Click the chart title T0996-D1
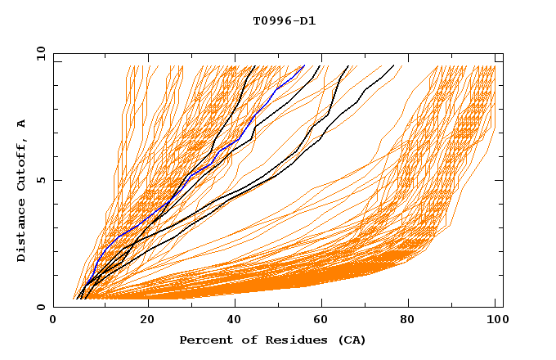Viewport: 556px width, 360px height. pos(285,21)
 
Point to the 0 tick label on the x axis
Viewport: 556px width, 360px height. pos(53,320)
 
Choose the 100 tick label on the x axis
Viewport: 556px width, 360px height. pos(495,320)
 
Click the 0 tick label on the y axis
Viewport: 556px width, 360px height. pos(40,307)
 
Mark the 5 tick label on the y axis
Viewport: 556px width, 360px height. pos(40,180)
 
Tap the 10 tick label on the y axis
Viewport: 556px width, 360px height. pos(37,53)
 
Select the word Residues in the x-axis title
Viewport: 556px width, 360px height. pos(285,340)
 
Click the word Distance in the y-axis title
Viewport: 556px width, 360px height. pos(22,232)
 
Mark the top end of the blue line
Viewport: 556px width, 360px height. pos(304,66)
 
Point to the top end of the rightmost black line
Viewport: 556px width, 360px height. pos(393,66)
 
